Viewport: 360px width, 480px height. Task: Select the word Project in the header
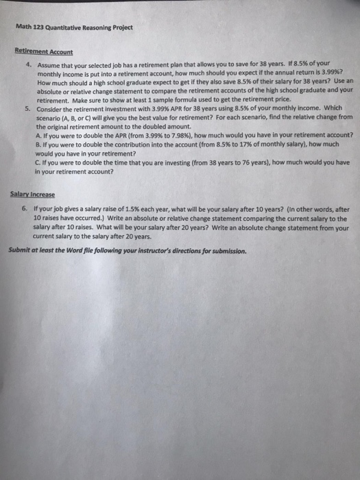[x=122, y=28]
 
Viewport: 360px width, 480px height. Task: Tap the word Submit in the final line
[x=21, y=250]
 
